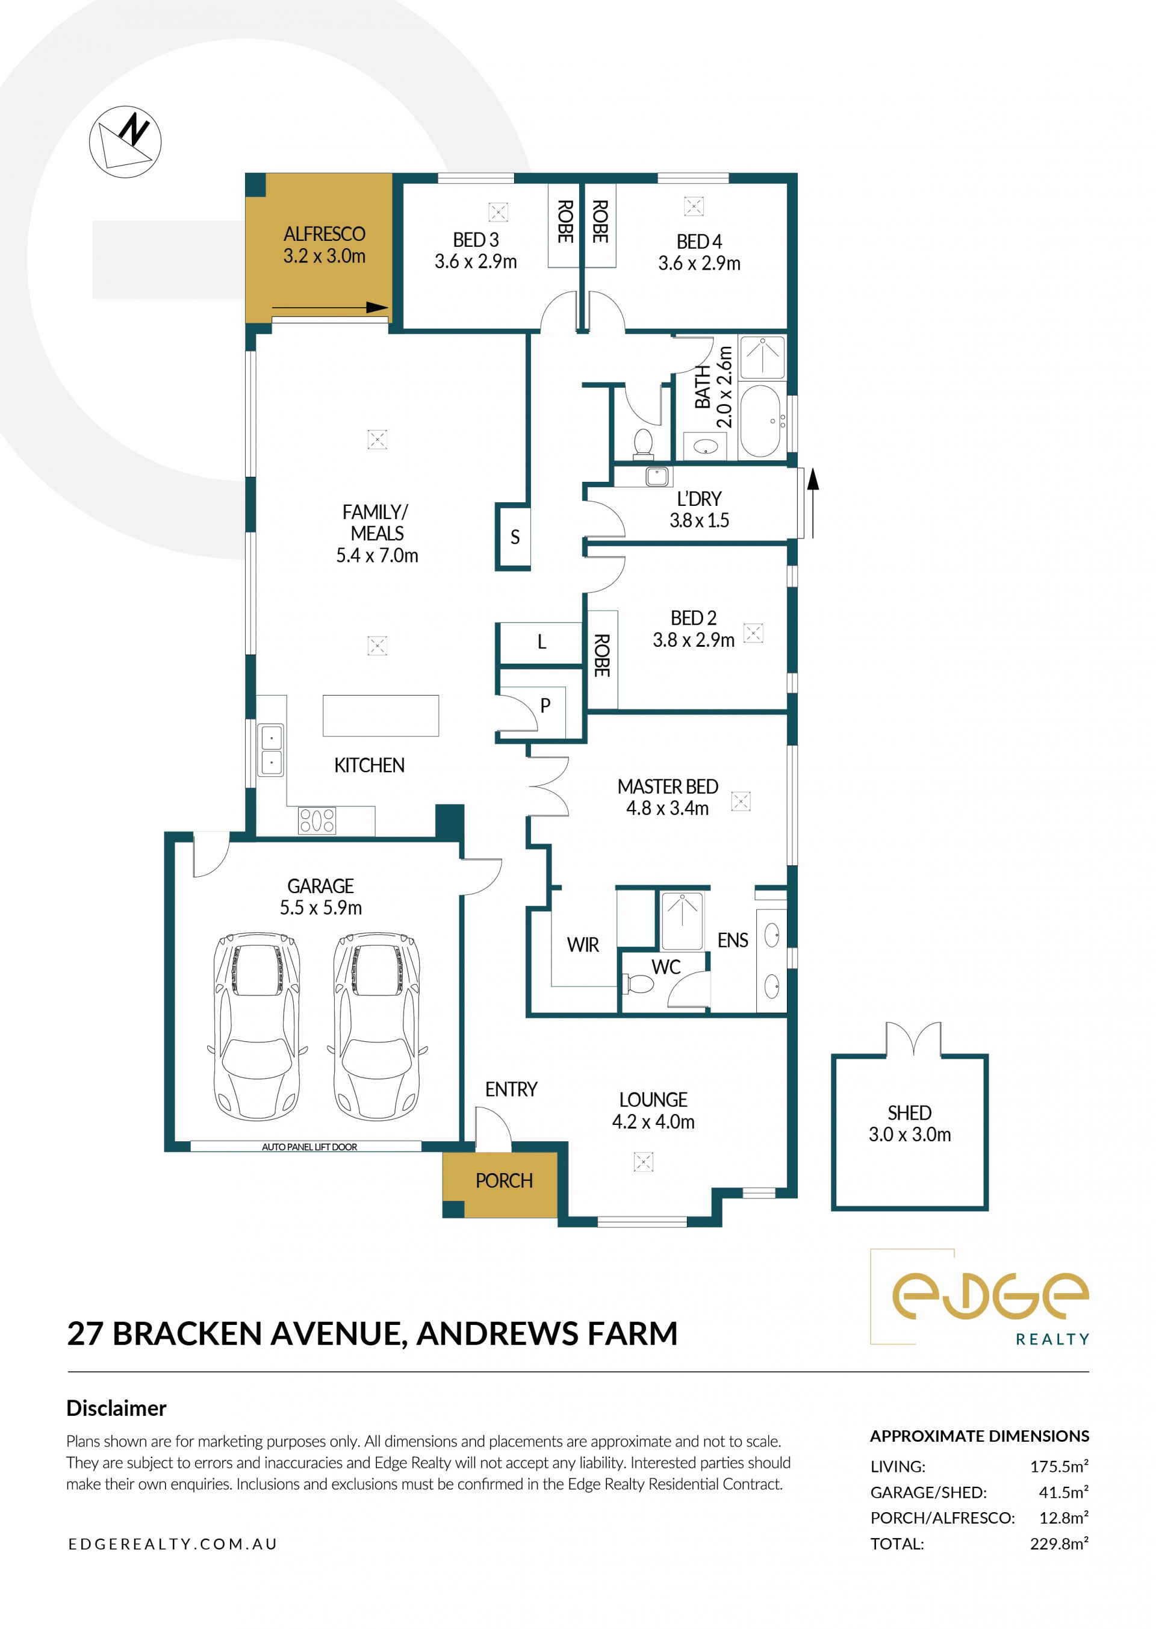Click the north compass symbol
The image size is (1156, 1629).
click(125, 142)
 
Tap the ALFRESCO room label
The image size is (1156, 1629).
click(325, 234)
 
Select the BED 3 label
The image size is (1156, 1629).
click(476, 240)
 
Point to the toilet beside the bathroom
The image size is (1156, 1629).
click(644, 444)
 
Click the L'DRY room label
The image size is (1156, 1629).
click(699, 499)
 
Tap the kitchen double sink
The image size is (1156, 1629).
click(270, 750)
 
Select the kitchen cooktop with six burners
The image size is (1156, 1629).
click(317, 820)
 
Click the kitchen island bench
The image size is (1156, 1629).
click(381, 715)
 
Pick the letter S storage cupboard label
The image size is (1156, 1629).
click(515, 537)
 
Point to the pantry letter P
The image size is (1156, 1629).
click(545, 706)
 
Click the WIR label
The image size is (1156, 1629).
click(583, 945)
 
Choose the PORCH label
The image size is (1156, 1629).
click(504, 1180)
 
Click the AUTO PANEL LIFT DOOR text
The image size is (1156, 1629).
click(309, 1147)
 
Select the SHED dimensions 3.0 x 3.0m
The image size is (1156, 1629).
click(910, 1134)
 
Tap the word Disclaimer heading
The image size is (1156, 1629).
click(116, 1407)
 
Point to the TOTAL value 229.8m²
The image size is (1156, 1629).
click(1059, 1543)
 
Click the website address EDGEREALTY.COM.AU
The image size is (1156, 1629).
click(173, 1543)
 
